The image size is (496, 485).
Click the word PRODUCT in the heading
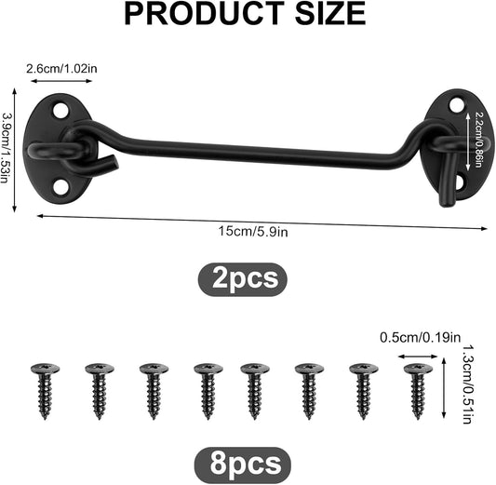point(205,13)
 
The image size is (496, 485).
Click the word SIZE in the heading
point(330,13)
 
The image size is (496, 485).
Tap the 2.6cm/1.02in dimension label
point(61,68)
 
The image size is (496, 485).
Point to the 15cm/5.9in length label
point(253,232)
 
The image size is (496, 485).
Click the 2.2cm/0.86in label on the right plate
point(477,140)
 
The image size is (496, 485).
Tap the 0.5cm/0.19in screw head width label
point(420,338)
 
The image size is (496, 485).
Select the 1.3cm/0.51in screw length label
point(467,384)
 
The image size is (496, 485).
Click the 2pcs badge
point(243,279)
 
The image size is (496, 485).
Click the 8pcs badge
point(243,465)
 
